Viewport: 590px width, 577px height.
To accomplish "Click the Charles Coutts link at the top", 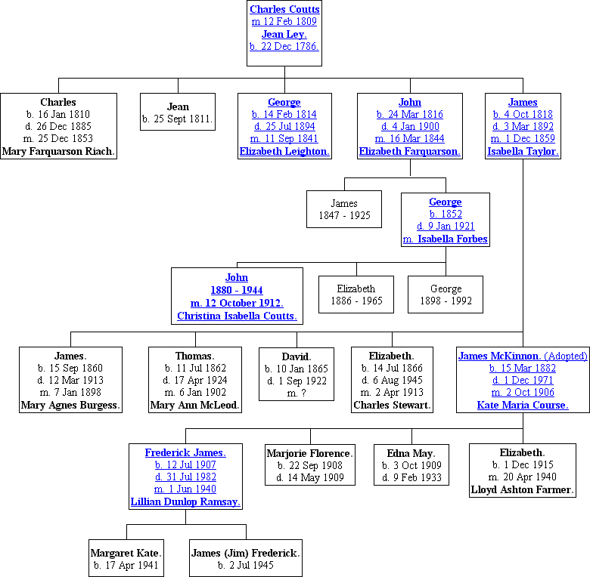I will click(284, 10).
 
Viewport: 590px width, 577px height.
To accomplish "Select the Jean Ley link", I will click(284, 34).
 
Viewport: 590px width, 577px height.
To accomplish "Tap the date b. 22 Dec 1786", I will click(284, 46).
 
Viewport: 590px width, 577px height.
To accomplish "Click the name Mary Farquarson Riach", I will click(58, 151).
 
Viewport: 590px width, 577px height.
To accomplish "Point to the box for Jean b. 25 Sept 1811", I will click(178, 113).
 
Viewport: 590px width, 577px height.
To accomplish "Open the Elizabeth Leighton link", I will click(284, 151).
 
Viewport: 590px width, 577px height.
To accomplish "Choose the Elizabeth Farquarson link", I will click(409, 151).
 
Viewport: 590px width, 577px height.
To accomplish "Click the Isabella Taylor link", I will click(523, 151).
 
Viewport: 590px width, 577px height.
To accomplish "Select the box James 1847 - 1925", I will click(344, 210).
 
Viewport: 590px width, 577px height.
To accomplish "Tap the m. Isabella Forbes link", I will click(445, 239).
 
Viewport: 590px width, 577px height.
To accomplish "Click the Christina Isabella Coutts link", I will click(237, 316).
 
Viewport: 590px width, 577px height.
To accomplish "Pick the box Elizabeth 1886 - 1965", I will click(356, 295).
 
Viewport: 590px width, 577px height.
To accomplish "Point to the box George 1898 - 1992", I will click(446, 295).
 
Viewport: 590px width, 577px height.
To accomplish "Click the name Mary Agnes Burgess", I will click(70, 405).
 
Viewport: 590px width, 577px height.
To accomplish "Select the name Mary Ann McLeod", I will click(194, 405).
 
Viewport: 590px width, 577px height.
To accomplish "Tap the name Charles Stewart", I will click(392, 405).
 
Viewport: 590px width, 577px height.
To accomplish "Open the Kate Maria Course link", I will click(523, 405).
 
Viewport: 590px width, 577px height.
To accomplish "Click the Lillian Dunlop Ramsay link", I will click(185, 501).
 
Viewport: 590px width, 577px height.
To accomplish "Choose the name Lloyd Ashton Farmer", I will click(522, 489).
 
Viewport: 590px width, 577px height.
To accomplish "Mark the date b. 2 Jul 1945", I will click(246, 565).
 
